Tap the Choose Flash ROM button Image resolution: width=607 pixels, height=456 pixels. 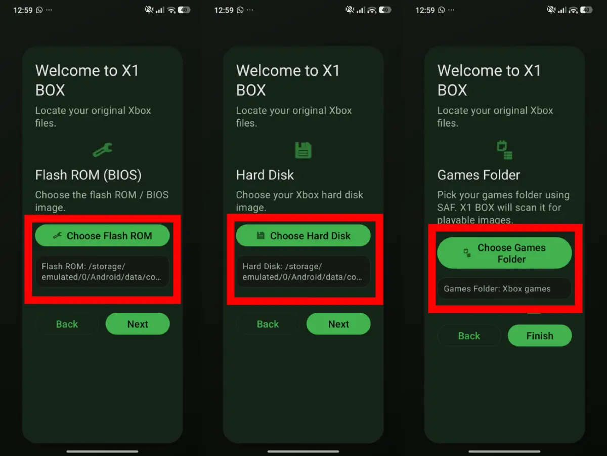pyautogui.click(x=102, y=235)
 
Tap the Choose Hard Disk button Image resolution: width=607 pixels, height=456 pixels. pyautogui.click(x=303, y=235)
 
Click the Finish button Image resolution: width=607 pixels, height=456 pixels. pyautogui.click(x=539, y=336)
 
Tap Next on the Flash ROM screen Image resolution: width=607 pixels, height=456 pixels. pyautogui.click(x=137, y=324)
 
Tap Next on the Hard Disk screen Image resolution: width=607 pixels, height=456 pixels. pyautogui.click(x=338, y=324)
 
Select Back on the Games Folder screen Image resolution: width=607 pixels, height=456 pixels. pyautogui.click(x=469, y=336)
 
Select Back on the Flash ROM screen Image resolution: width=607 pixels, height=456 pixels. pyautogui.click(x=67, y=324)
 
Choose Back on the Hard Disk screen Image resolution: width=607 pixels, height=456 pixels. pyautogui.click(x=268, y=324)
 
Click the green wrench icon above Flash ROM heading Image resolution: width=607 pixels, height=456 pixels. pyautogui.click(x=102, y=150)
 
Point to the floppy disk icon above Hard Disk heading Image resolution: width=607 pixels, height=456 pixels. pyautogui.click(x=303, y=150)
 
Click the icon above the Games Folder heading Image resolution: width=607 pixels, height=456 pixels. pyautogui.click(x=504, y=150)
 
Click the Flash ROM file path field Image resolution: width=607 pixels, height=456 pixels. pyautogui.click(x=102, y=272)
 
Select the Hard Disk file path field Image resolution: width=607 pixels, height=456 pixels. pyautogui.click(x=303, y=272)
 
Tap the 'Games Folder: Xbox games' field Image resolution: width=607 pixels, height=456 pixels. pyautogui.click(x=504, y=289)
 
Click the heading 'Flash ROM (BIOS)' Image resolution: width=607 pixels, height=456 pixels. pyautogui.click(x=88, y=175)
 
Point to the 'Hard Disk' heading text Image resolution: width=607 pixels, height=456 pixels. pyautogui.click(x=265, y=175)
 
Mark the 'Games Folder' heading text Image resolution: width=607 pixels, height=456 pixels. pyautogui.click(x=479, y=175)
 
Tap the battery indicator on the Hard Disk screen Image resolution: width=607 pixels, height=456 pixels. pyautogui.click(x=385, y=10)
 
